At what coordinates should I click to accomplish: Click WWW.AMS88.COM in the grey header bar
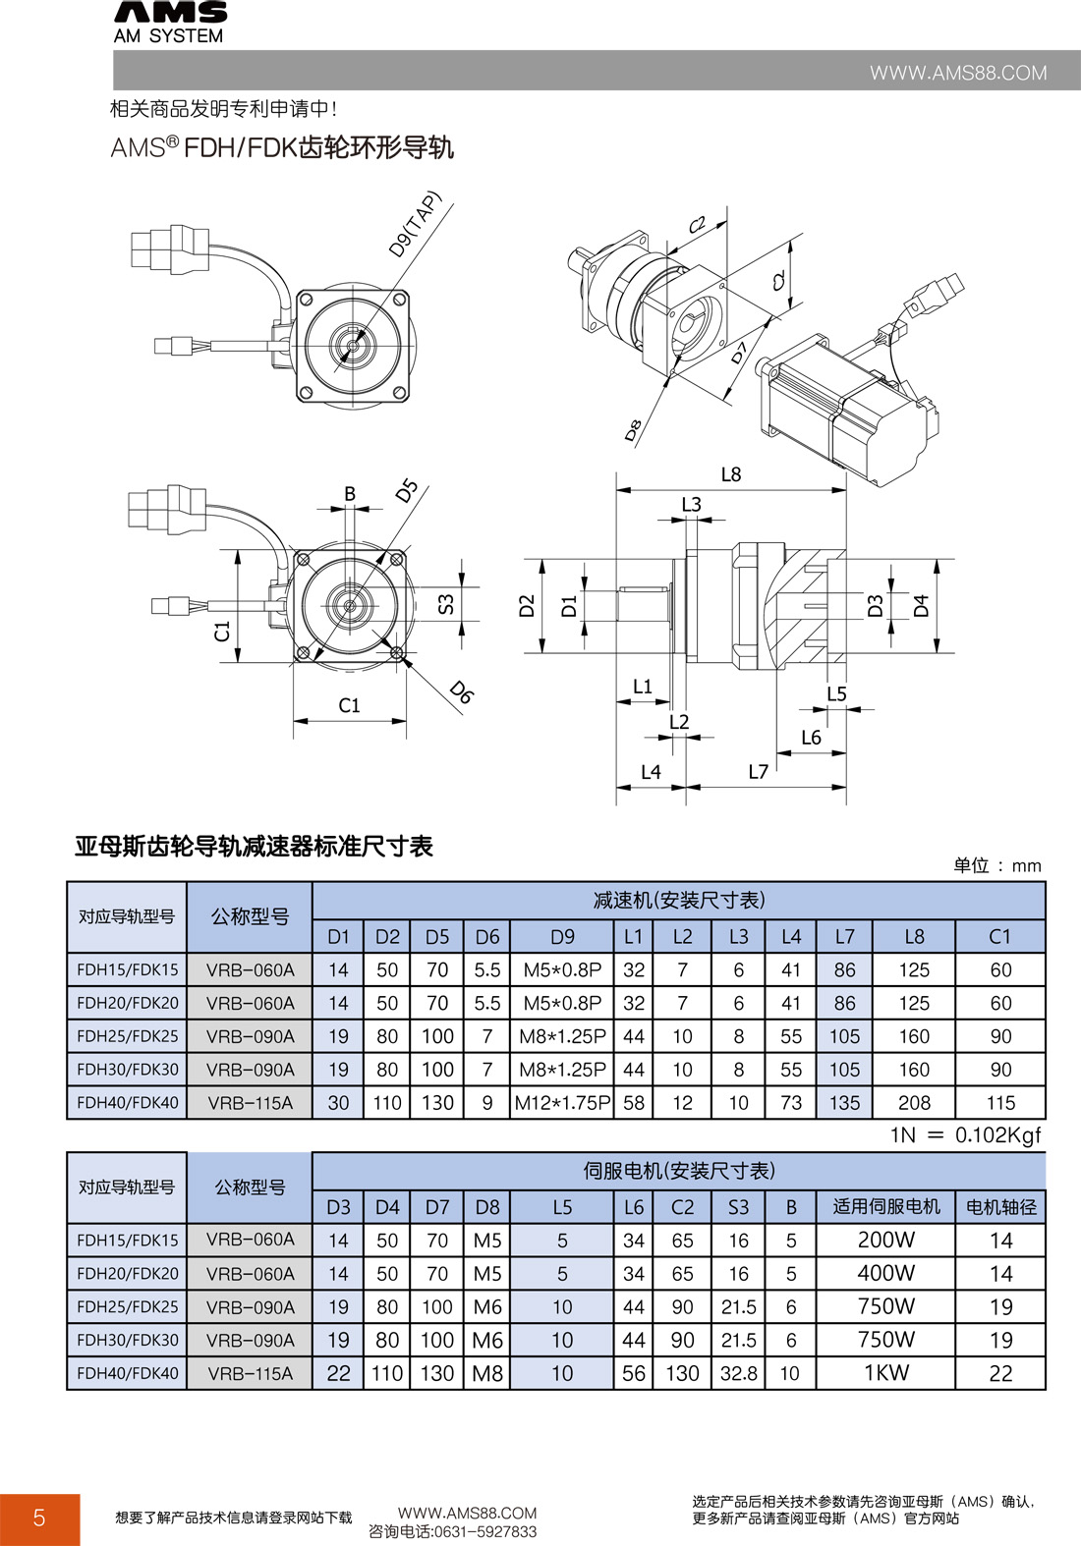click(x=957, y=73)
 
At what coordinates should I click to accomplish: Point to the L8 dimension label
click(x=730, y=474)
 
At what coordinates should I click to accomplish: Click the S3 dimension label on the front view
click(x=446, y=604)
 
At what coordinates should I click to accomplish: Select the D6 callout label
click(x=461, y=692)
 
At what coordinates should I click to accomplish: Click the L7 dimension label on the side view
click(x=758, y=772)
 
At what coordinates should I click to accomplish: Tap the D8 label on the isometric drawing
click(x=634, y=430)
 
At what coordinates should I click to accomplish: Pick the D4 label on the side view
click(x=921, y=606)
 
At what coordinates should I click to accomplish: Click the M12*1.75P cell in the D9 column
click(x=562, y=1103)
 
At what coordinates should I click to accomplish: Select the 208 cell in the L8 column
click(x=914, y=1103)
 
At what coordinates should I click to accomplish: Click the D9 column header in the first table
click(x=562, y=937)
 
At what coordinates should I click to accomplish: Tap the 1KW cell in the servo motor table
click(x=885, y=1373)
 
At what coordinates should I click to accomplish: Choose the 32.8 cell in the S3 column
click(x=738, y=1373)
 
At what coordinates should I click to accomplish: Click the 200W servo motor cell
click(x=885, y=1240)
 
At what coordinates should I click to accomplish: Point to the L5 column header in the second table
click(x=562, y=1207)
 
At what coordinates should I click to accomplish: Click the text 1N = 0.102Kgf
click(x=964, y=1135)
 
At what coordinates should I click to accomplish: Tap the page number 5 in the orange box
click(x=39, y=1518)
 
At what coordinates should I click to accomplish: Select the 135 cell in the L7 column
click(x=844, y=1103)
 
